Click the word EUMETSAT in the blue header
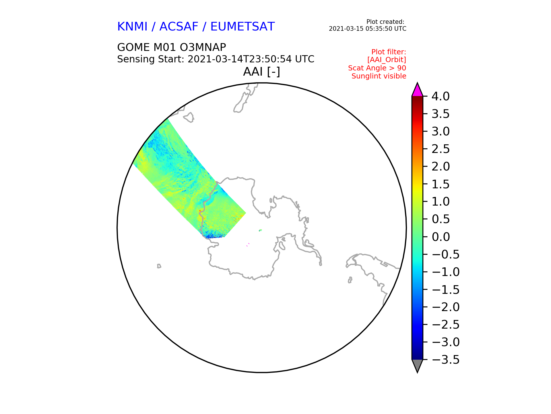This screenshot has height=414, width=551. (x=242, y=26)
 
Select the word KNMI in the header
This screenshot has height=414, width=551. (x=132, y=26)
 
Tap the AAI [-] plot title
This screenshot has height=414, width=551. (x=261, y=72)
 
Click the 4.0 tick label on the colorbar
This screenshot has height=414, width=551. (x=441, y=96)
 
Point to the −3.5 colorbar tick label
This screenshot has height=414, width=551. (x=446, y=360)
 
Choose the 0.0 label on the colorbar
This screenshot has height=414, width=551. (x=441, y=237)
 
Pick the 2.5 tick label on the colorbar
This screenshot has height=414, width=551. (x=441, y=149)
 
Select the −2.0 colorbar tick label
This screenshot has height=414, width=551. (x=446, y=307)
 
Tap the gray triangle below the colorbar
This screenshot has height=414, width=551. (x=417, y=365)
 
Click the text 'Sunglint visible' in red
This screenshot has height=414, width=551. (x=379, y=76)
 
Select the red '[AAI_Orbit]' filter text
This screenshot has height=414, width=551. (x=387, y=60)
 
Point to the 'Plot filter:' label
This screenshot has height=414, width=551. (x=389, y=52)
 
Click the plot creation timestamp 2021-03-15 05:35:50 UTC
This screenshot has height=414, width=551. (x=368, y=29)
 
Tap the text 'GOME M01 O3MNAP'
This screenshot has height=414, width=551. (x=172, y=47)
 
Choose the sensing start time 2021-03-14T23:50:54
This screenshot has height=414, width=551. (x=239, y=59)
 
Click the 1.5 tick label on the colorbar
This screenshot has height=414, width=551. (x=441, y=184)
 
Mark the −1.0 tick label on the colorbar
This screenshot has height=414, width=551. (x=446, y=272)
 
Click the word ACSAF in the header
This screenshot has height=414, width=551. (x=179, y=26)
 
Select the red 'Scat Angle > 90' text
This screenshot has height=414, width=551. (x=377, y=68)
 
